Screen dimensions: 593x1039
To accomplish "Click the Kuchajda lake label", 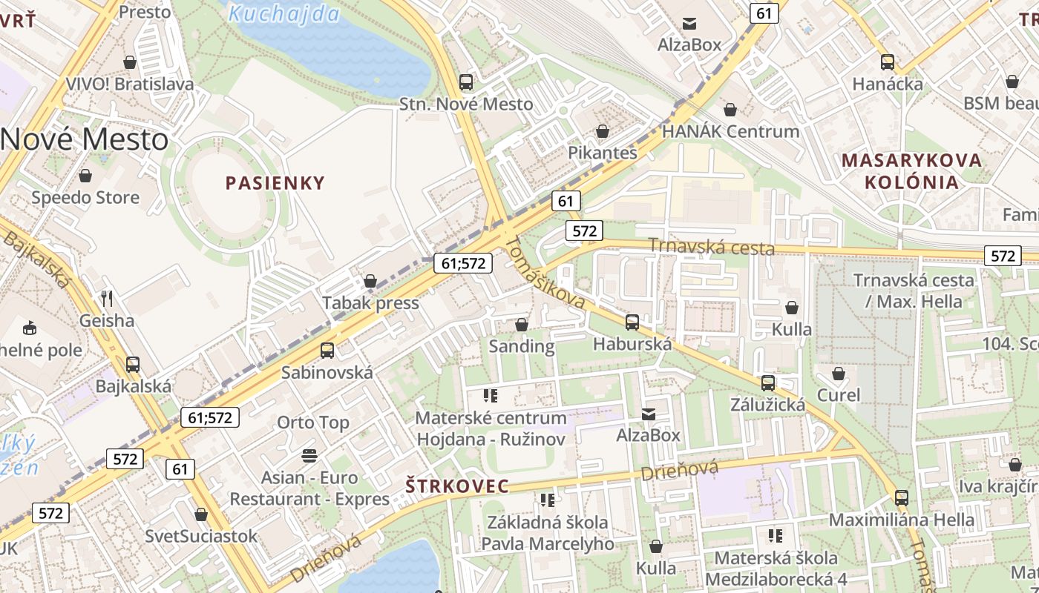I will click(284, 13).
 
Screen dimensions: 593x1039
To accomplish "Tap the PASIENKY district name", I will click(275, 183).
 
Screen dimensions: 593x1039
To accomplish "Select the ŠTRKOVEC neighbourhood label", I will click(458, 486).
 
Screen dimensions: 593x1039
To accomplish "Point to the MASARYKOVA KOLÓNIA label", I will click(911, 171).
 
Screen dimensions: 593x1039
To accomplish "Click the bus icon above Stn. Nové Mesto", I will click(466, 82).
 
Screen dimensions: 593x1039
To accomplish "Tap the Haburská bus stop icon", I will click(632, 322).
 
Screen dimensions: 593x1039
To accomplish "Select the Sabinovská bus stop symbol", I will click(327, 351).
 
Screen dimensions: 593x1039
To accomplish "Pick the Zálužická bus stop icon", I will click(768, 383).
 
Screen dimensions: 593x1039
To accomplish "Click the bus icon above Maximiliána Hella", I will click(902, 498).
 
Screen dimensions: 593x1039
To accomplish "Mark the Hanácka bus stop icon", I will click(888, 62).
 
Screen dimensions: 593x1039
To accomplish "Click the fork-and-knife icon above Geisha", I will click(108, 299).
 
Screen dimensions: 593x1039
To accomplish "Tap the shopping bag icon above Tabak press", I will click(370, 281).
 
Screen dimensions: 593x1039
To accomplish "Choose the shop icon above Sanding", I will click(522, 325).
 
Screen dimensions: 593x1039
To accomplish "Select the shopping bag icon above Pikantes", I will click(603, 131).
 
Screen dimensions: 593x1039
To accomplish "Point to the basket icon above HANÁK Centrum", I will click(731, 110).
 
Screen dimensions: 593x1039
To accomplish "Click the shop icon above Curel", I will click(839, 374).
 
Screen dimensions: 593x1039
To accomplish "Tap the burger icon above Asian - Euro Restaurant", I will click(309, 454).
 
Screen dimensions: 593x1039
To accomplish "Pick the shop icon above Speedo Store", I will click(85, 176).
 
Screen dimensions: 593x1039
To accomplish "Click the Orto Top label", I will click(312, 423).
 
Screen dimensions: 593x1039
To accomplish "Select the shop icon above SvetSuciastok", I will click(201, 514).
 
